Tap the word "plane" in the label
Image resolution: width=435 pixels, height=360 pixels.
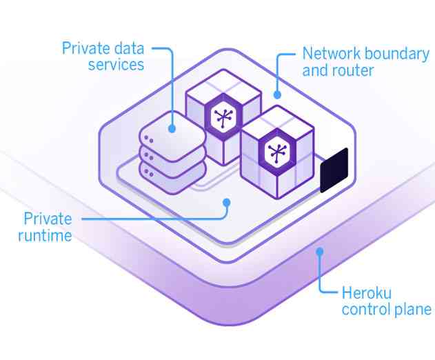coord(413,308)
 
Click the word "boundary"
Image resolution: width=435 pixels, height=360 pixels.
coord(399,54)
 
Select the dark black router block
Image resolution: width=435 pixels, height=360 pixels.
coord(334,169)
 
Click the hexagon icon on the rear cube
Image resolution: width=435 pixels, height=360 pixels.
coord(222,118)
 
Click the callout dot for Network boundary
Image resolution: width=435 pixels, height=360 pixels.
coord(276,94)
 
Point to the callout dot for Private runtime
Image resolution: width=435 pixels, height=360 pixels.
coord(226,201)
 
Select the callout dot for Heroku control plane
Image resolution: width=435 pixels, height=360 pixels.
coord(319,252)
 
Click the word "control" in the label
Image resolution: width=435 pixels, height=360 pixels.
coord(365,308)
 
